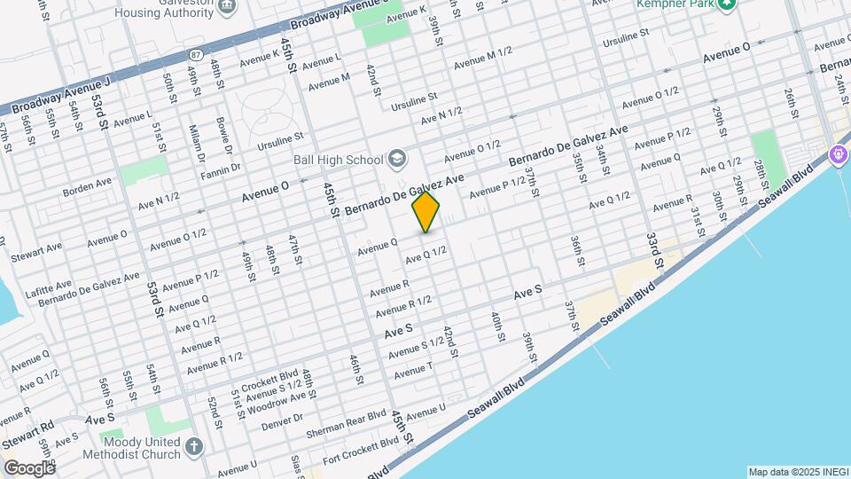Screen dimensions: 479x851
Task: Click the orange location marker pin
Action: tap(425, 212)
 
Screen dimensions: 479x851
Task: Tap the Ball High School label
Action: tap(338, 160)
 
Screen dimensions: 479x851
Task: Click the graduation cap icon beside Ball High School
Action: tap(396, 160)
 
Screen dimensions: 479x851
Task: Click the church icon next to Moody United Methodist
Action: tap(195, 447)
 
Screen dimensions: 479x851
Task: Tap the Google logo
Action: tap(28, 467)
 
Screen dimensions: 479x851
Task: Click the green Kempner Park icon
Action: tap(727, 4)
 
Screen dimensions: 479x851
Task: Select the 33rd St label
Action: tap(654, 251)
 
